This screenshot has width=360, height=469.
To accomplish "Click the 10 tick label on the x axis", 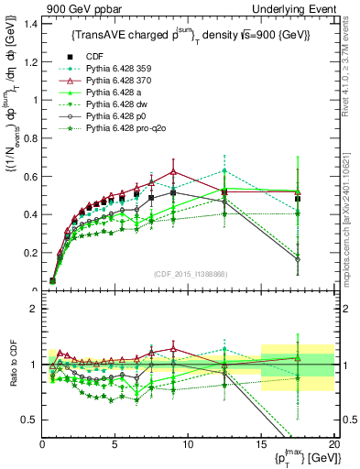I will click(x=188, y=443).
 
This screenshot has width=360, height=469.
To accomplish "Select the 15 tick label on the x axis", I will click(x=261, y=443).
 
